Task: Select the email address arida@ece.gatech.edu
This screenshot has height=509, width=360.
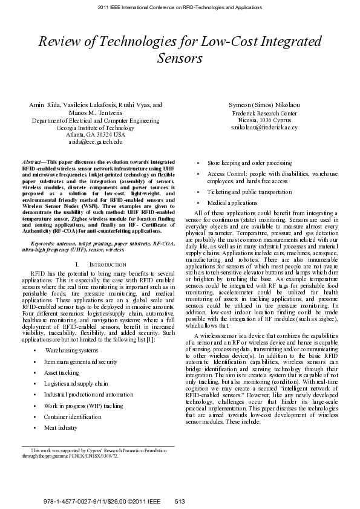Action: click(96, 142)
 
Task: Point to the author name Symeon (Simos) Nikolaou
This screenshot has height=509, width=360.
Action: click(263, 105)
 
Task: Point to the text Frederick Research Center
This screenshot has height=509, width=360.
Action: click(264, 113)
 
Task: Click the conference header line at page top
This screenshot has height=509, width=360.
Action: click(179, 8)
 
